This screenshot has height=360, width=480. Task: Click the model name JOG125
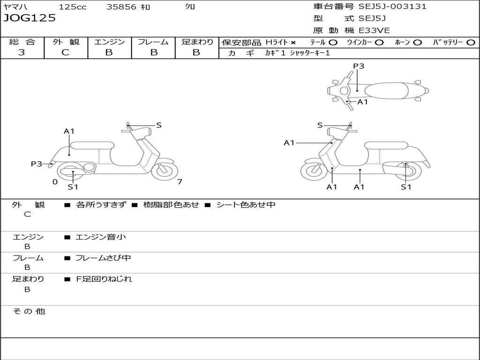point(30,18)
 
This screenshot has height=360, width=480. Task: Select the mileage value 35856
point(121,7)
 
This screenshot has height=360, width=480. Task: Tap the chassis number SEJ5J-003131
point(392,7)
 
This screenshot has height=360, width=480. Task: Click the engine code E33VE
point(374,30)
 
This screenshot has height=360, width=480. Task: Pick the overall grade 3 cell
point(22,52)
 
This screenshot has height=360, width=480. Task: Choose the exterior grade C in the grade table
point(65,52)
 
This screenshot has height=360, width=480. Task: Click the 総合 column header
point(22,42)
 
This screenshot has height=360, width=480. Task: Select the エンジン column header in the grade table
point(109,42)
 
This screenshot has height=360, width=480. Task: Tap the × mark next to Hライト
point(293,42)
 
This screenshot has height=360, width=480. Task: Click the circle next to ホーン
point(418,42)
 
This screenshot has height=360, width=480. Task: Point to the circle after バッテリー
point(471,42)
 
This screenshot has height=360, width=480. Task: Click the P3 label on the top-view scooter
point(359,66)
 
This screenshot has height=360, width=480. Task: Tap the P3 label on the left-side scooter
point(36,164)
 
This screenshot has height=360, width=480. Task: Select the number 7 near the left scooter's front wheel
point(180,182)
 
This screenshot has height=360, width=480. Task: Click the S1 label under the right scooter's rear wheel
point(406,187)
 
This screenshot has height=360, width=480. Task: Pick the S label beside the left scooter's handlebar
point(159,125)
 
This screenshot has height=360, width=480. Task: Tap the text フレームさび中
point(103,258)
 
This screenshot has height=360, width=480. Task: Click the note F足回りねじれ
point(104,279)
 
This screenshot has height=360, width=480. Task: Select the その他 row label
point(29,311)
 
